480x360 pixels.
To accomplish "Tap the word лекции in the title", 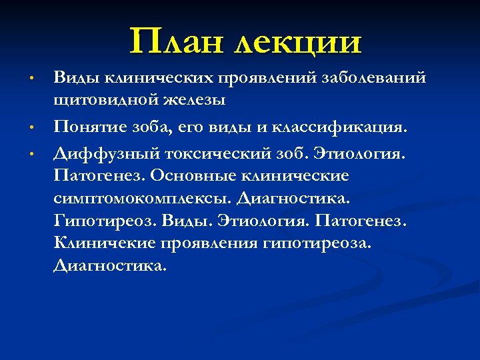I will pyautogui.click(x=297, y=42).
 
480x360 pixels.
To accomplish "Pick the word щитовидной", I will pyautogui.click(x=97, y=101).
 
